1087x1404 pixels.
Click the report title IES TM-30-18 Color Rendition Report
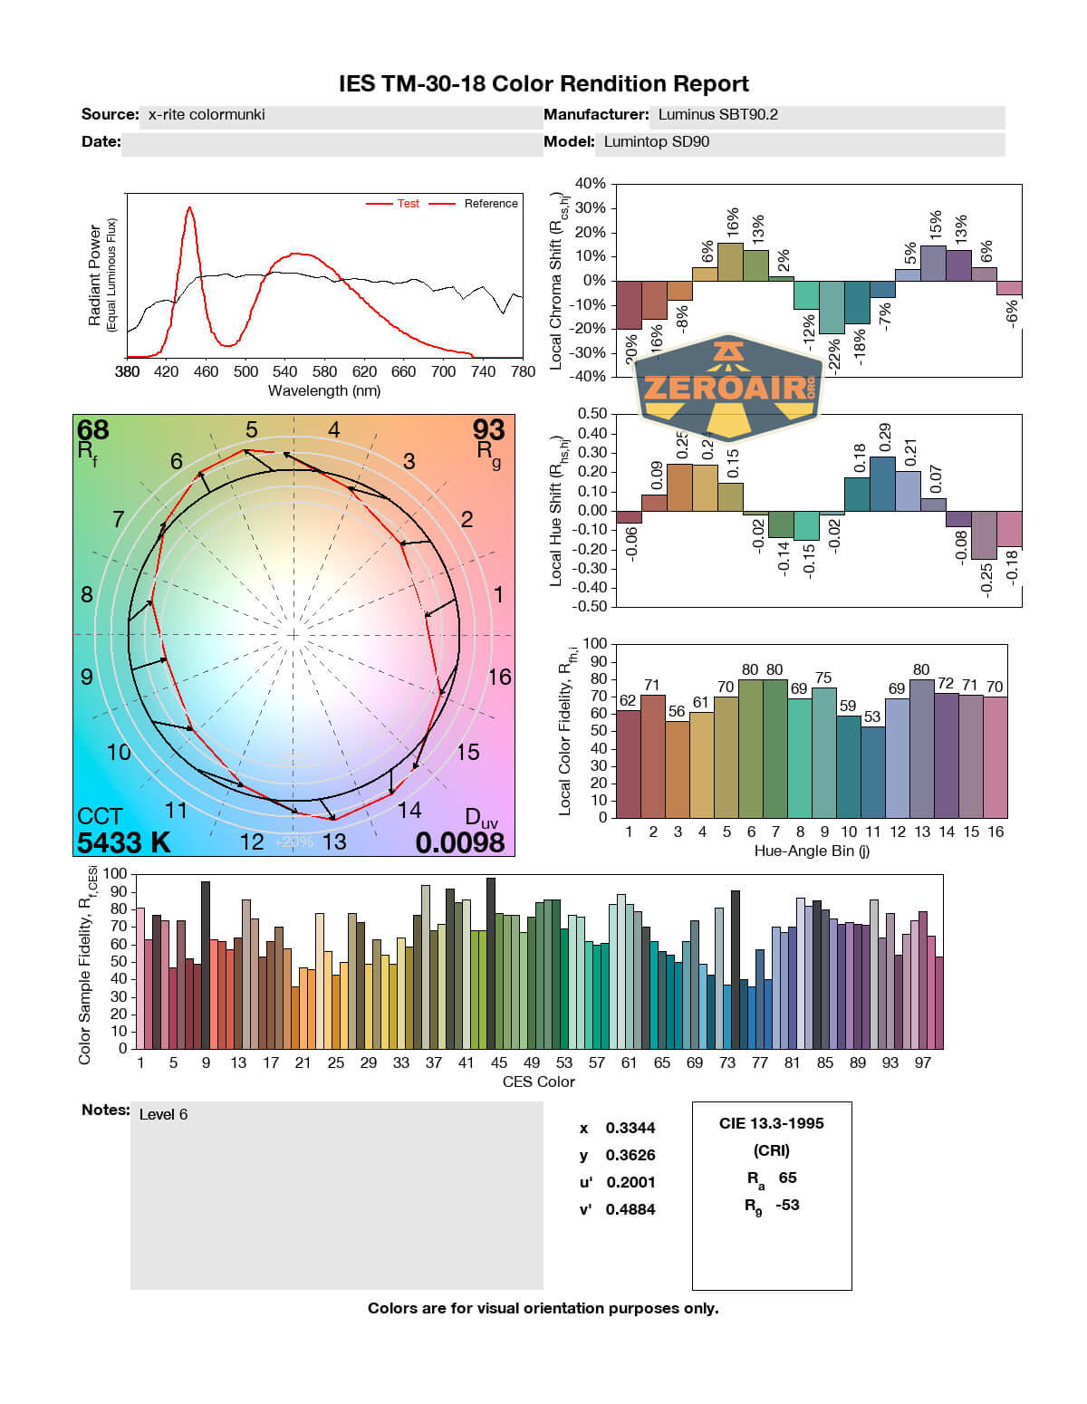[543, 84]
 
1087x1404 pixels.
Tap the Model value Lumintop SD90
[657, 142]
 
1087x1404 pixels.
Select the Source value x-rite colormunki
[207, 115]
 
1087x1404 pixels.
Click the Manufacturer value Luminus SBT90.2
[717, 115]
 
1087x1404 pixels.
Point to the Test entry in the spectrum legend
[408, 204]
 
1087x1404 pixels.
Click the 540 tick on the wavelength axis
[284, 371]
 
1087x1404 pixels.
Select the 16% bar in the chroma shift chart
[730, 262]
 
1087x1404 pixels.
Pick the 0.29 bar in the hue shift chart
[882, 484]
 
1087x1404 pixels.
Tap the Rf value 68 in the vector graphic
[92, 429]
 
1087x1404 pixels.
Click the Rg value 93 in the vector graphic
[488, 429]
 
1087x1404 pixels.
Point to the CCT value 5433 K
[124, 842]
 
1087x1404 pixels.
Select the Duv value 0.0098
[460, 842]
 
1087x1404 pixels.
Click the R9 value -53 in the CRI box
[787, 1205]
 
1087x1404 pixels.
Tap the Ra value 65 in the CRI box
[787, 1178]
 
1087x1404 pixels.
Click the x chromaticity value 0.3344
[630, 1128]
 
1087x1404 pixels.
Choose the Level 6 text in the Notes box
[163, 1114]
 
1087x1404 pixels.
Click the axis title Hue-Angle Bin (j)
[812, 851]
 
